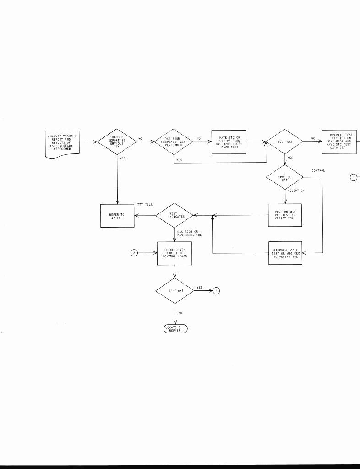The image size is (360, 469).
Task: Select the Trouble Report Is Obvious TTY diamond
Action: pyautogui.click(x=117, y=142)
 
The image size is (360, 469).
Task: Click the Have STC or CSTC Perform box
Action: pyautogui.click(x=229, y=142)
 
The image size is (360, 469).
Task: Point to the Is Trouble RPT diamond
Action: pyautogui.click(x=284, y=177)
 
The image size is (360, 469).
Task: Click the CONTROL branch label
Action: pyautogui.click(x=318, y=170)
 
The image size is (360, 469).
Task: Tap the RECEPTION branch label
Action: pyautogui.click(x=296, y=191)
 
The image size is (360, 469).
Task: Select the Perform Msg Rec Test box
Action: pyautogui.click(x=285, y=215)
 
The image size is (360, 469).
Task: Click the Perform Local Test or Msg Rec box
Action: pyautogui.click(x=285, y=253)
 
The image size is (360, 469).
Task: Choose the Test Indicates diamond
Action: pyautogui.click(x=174, y=215)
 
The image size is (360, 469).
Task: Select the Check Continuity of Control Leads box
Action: pyautogui.click(x=175, y=253)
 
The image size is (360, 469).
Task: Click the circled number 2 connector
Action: pyautogui.click(x=134, y=253)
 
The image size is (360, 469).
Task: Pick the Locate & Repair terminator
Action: pyautogui.click(x=175, y=329)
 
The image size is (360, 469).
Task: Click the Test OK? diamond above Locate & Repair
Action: pyautogui.click(x=175, y=290)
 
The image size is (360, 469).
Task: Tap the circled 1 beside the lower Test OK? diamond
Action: pyautogui.click(x=216, y=290)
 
